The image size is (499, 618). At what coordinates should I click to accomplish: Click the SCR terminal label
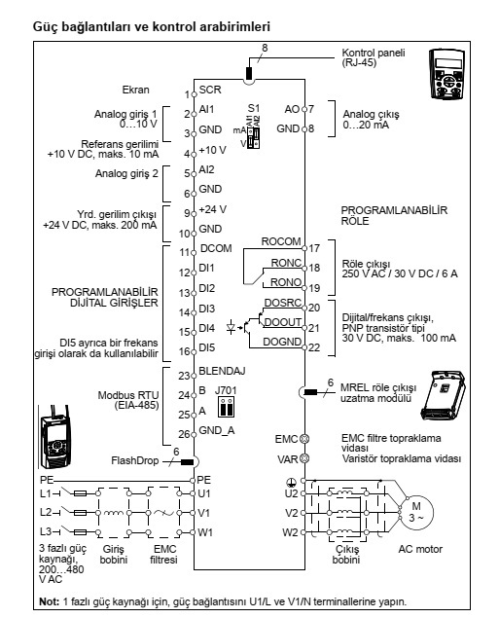[210, 90]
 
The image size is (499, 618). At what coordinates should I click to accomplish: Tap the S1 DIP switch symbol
[253, 137]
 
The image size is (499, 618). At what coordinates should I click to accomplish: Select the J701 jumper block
[227, 407]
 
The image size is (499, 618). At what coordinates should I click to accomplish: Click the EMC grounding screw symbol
[304, 438]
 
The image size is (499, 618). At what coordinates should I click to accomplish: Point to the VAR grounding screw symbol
[304, 458]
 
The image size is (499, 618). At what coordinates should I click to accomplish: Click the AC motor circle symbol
[416, 513]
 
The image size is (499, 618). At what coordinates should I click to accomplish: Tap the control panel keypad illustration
[446, 73]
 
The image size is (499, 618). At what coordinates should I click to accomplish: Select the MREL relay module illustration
[444, 395]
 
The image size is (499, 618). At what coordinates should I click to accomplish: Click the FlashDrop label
[134, 460]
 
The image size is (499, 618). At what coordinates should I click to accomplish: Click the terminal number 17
[314, 248]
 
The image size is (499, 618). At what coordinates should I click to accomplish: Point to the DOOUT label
[282, 322]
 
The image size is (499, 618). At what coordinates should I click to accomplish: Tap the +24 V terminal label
[213, 209]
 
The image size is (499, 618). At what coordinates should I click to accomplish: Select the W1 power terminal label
[205, 532]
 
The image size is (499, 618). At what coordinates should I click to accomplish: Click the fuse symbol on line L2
[81, 513]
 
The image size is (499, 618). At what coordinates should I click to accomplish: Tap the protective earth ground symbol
[290, 482]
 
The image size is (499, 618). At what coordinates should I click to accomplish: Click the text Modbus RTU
[128, 395]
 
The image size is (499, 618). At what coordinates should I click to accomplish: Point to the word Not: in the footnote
[49, 601]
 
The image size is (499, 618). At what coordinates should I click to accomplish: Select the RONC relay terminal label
[286, 263]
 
